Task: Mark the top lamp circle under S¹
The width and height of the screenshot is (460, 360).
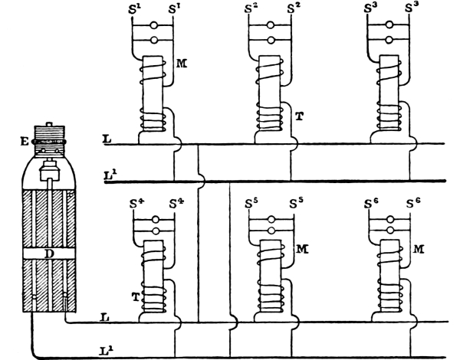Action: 153,26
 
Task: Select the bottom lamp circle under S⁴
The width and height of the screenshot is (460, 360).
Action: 153,231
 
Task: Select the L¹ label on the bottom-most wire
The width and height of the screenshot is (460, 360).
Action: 107,349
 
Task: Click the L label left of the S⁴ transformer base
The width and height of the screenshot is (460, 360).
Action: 104,316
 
